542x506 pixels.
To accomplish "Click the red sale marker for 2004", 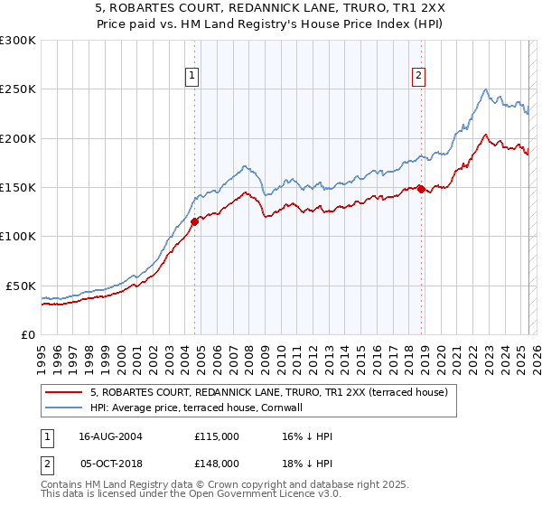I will pyautogui.click(x=195, y=220).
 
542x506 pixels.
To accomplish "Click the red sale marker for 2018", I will pyautogui.click(x=421, y=189).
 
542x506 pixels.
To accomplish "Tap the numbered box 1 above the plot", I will pyautogui.click(x=194, y=77).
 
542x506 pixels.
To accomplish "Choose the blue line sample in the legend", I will pyautogui.click(x=65, y=408).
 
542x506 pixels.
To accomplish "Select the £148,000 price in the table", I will pyautogui.click(x=217, y=463).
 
